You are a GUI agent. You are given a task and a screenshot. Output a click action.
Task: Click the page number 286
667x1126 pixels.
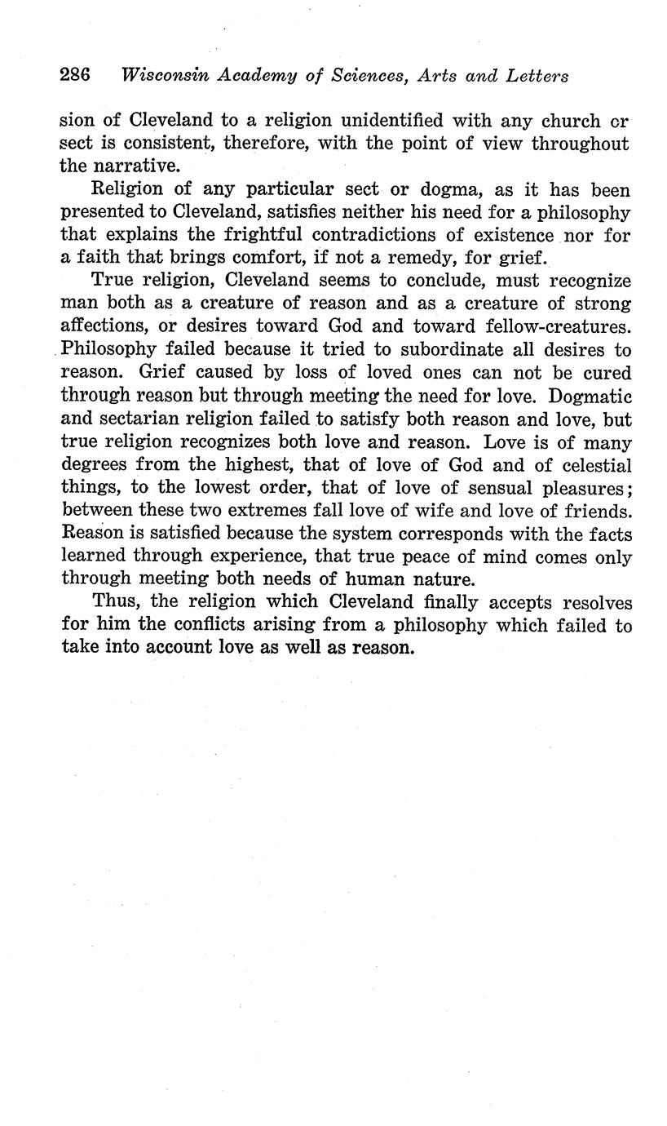coord(74,76)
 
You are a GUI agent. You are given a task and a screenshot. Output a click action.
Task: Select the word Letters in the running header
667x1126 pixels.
coord(537,76)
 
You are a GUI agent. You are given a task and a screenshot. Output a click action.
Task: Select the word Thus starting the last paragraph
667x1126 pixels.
coord(115,602)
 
